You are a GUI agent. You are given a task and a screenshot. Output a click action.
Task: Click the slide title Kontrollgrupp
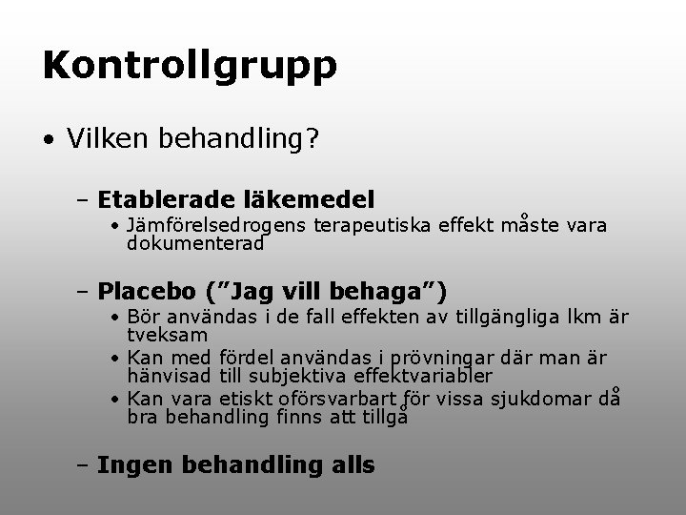point(189,66)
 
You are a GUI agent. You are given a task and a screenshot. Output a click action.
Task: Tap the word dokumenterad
point(194,243)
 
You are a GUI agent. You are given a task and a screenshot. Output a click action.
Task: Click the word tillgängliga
point(512,317)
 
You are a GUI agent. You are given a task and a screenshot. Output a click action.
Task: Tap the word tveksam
point(167,336)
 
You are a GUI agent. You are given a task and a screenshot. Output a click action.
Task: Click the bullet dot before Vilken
point(48,141)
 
